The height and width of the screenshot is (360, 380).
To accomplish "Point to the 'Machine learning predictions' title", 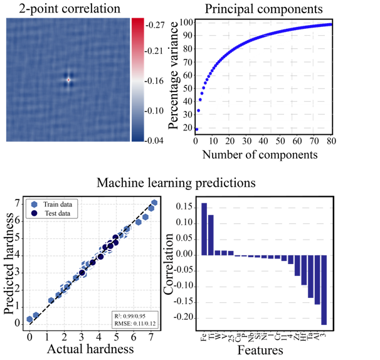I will tap(176, 183).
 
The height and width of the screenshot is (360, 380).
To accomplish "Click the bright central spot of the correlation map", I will tap(68, 80).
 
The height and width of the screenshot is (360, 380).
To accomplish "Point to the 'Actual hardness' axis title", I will tap(92, 349).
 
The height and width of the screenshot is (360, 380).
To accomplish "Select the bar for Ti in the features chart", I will tap(211, 235).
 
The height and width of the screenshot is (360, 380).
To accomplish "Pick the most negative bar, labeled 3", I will tap(324, 290).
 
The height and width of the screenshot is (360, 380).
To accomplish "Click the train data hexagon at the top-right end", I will tap(154, 203).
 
